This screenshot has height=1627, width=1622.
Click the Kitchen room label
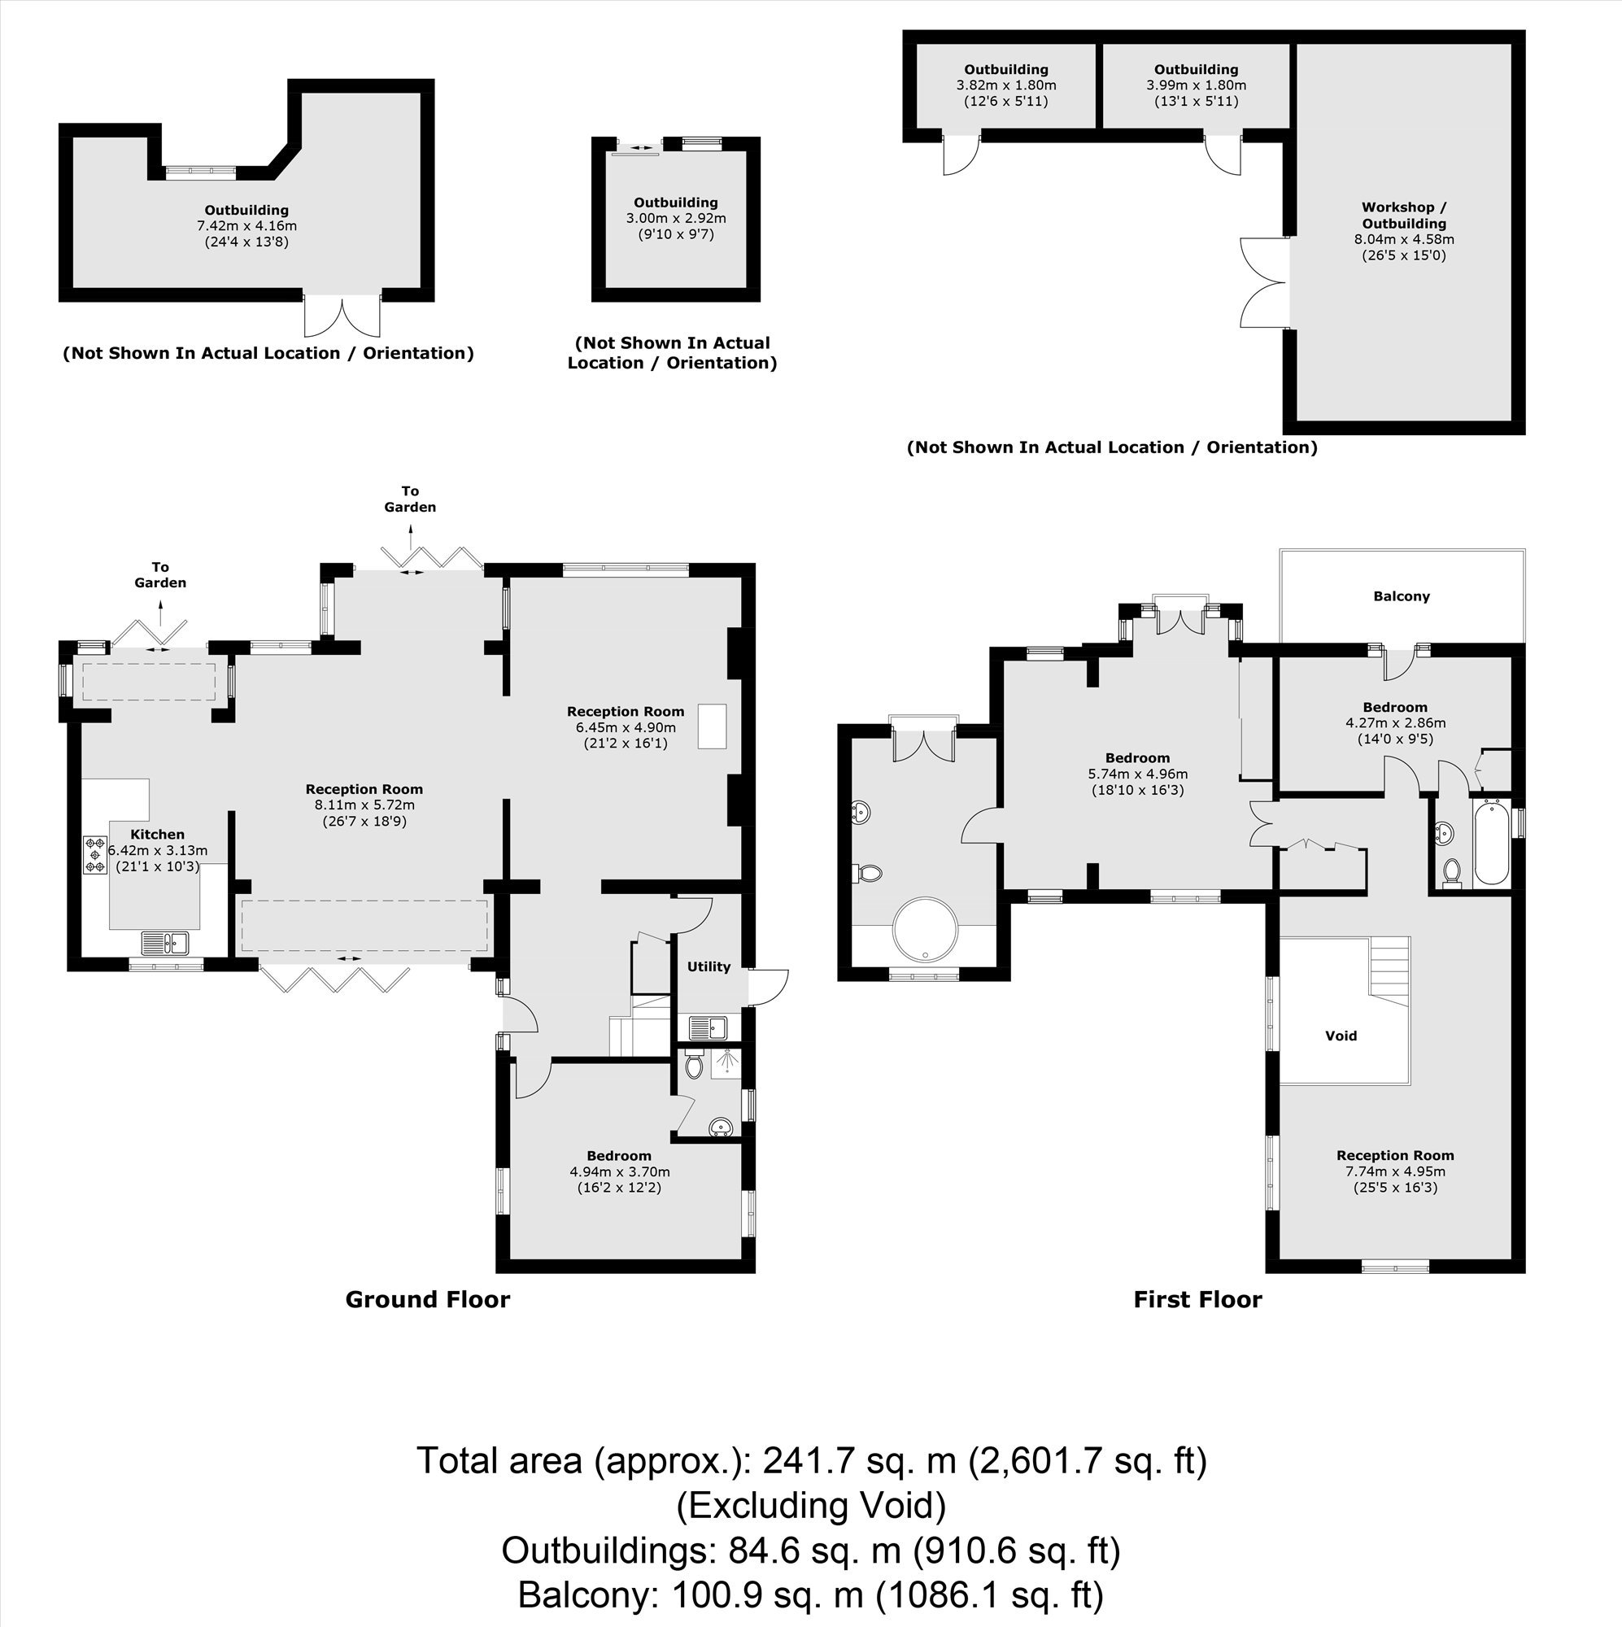pos(158,835)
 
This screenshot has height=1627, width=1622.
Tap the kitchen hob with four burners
pos(94,854)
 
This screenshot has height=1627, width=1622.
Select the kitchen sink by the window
pos(165,942)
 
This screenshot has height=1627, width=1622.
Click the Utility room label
pos(709,966)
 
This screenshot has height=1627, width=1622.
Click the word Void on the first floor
pos(1341,1036)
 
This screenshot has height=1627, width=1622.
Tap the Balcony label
pos(1402,596)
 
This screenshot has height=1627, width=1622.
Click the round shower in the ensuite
pos(925,928)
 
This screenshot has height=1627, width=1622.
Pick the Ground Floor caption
pos(428,1299)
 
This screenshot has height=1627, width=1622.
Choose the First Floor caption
pos(1197,1299)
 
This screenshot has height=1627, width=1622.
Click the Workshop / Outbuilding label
pos(1404,216)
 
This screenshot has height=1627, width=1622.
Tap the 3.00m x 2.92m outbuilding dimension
pos(675,218)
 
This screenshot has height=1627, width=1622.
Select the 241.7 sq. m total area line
pos(812,1460)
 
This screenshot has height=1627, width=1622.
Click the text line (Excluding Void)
pos(812,1505)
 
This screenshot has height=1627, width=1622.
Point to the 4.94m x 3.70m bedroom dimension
pos(620,1171)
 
